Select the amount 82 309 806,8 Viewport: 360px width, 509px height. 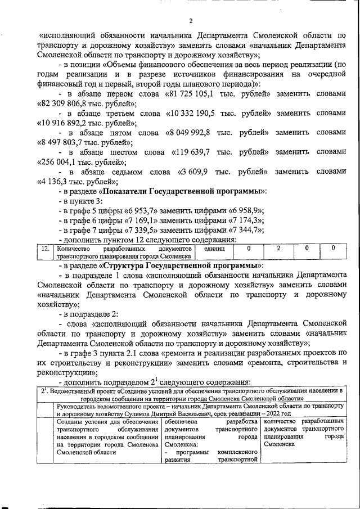63,104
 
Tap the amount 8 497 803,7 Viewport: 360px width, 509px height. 61,143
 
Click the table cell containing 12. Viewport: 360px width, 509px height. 46,251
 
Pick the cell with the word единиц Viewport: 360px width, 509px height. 214,248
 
